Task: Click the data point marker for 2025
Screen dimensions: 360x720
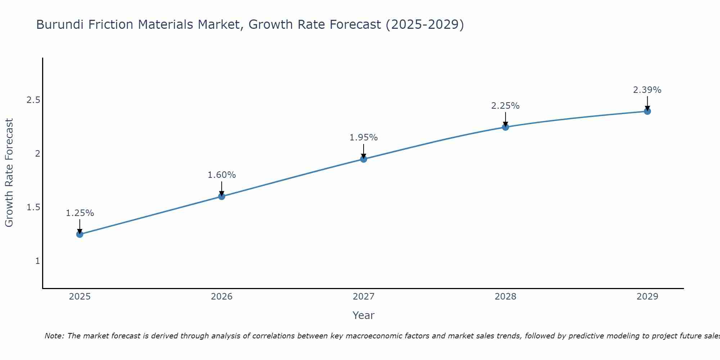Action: click(x=80, y=234)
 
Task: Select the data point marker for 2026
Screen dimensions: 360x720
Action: click(x=221, y=196)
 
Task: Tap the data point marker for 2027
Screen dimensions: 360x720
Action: click(x=364, y=159)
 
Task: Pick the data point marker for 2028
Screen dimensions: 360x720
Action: click(x=505, y=127)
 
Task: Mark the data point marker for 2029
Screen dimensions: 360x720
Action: click(x=647, y=111)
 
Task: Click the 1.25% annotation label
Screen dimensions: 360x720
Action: click(x=80, y=213)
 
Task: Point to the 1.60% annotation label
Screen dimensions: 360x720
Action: click(x=221, y=175)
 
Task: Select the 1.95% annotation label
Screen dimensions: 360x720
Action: click(x=364, y=138)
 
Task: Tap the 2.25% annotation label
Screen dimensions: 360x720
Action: click(x=505, y=106)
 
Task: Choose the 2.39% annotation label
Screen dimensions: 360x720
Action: click(x=647, y=90)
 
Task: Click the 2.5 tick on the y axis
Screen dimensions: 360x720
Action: click(x=33, y=100)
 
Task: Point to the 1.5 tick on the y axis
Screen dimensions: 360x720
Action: click(x=33, y=207)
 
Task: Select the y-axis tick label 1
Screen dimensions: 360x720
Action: click(x=37, y=261)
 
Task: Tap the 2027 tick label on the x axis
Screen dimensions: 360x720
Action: click(x=364, y=297)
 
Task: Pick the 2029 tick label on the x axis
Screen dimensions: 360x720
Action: click(x=647, y=297)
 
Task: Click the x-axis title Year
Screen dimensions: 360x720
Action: click(x=364, y=315)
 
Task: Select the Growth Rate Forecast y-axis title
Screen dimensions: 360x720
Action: click(x=9, y=173)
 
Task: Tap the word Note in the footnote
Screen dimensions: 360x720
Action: click(x=54, y=336)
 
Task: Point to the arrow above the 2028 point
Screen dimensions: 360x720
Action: click(x=505, y=119)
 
